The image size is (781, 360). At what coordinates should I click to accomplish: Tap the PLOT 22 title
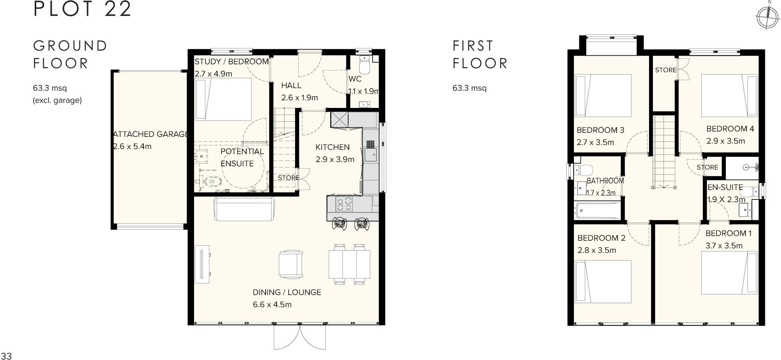click(82, 9)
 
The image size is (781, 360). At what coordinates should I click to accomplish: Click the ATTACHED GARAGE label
click(151, 134)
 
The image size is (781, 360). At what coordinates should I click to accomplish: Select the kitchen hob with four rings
click(344, 203)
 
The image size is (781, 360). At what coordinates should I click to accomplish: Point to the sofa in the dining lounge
click(244, 209)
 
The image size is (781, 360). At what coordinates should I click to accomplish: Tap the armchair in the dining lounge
click(291, 265)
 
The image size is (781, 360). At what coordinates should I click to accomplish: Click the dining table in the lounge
click(349, 264)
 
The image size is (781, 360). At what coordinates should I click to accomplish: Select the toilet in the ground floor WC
click(365, 66)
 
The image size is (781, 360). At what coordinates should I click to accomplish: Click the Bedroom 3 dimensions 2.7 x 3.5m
click(595, 143)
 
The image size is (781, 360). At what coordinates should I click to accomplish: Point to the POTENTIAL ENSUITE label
click(242, 157)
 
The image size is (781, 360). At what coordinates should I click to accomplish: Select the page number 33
click(6, 356)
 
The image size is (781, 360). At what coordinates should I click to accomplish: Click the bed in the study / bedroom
click(223, 99)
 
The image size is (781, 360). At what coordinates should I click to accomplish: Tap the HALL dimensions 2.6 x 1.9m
click(299, 98)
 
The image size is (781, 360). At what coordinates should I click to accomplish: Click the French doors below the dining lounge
click(300, 337)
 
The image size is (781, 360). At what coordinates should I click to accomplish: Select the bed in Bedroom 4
click(729, 95)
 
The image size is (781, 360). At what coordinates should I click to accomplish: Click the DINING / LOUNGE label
click(287, 292)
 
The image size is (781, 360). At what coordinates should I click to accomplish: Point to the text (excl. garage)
click(57, 101)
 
